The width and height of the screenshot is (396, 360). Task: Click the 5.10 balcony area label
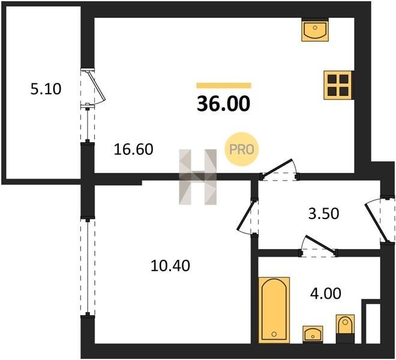click(x=46, y=89)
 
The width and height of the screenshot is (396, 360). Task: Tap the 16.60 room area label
click(x=133, y=149)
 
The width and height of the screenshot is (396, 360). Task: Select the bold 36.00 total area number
click(x=224, y=104)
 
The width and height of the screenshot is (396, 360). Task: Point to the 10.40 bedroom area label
click(x=170, y=266)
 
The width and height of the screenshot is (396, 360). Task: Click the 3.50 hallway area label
click(x=323, y=214)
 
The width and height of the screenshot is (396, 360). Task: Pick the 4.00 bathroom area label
click(x=326, y=293)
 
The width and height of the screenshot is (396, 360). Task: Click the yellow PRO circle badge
click(x=242, y=149)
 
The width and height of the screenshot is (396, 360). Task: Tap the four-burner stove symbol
click(x=338, y=85)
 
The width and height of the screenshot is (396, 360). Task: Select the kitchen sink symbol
click(x=315, y=30)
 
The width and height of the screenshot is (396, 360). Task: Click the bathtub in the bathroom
click(x=274, y=310)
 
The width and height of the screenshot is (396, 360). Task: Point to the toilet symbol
click(x=345, y=329)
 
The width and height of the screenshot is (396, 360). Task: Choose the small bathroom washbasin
click(x=313, y=334)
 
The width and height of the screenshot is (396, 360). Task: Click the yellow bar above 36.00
click(x=224, y=85)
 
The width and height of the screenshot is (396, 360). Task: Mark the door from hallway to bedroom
click(x=247, y=217)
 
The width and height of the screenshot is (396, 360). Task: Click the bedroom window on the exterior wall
click(x=88, y=267)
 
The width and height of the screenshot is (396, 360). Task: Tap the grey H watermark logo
click(x=198, y=176)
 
